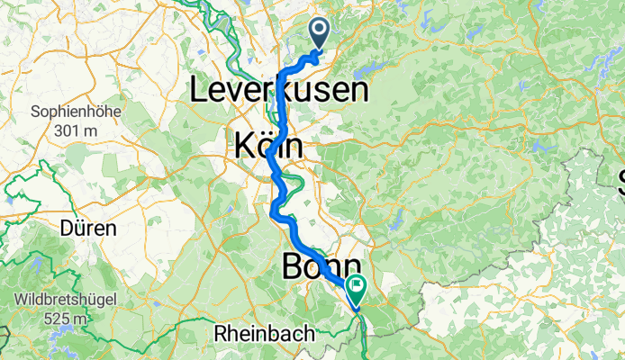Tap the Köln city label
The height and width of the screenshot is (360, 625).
pos(267,145)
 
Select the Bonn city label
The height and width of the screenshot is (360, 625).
pos(322,266)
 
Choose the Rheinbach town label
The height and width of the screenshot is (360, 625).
pos(265,334)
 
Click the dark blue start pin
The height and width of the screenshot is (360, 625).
pos(321,33)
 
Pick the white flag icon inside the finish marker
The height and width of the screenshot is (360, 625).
pos(358,288)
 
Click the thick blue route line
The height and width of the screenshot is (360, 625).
pos(281,99)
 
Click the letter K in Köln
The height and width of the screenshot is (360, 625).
pos(244,145)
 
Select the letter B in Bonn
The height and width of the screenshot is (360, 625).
pos(293,266)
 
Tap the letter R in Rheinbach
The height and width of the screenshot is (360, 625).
pos(220,334)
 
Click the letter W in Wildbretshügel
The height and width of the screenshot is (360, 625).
pos(21,299)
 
